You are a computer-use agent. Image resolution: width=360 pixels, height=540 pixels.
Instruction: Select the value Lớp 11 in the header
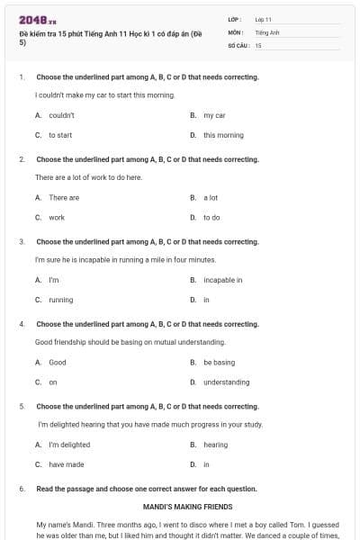pyautogui.click(x=263, y=19)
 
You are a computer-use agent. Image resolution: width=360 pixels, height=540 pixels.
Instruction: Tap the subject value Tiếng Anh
pyautogui.click(x=267, y=31)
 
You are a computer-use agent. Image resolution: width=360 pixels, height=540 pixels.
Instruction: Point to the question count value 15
pyautogui.click(x=258, y=45)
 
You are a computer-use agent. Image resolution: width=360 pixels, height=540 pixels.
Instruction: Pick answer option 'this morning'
pyautogui.click(x=223, y=135)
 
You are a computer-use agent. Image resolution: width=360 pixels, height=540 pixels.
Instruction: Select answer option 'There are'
pyautogui.click(x=64, y=197)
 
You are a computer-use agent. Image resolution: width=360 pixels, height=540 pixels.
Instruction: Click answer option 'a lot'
pyautogui.click(x=211, y=197)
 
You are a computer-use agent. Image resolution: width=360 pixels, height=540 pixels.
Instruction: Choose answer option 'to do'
pyautogui.click(x=211, y=217)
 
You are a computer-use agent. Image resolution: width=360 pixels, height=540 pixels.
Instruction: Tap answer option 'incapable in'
pyautogui.click(x=222, y=280)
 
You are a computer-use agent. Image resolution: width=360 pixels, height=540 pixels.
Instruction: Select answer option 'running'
pyautogui.click(x=61, y=300)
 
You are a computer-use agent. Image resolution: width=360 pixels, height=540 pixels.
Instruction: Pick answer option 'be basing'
pyautogui.click(x=219, y=363)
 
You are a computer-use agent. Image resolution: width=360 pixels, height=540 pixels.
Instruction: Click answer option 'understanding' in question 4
pyautogui.click(x=226, y=382)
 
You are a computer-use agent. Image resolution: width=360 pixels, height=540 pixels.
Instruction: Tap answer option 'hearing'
pyautogui.click(x=215, y=445)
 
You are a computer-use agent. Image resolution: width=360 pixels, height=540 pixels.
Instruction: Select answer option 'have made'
pyautogui.click(x=67, y=464)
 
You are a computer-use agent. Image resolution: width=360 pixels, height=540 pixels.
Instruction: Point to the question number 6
pyautogui.click(x=21, y=489)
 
